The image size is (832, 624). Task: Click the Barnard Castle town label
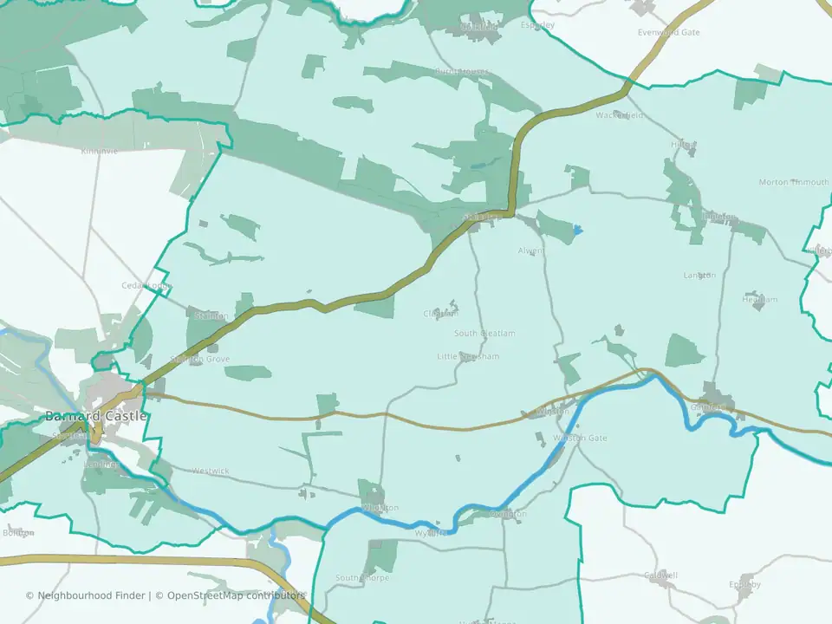[x=96, y=417]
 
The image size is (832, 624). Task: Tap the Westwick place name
[x=211, y=471]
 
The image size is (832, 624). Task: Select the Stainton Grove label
[x=200, y=359]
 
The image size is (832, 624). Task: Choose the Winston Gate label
[x=580, y=439]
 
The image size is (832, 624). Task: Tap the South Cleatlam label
[x=484, y=334]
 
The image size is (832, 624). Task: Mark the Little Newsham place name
[x=468, y=356]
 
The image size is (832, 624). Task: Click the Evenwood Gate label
[x=668, y=32]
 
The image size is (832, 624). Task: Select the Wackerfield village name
[x=620, y=115]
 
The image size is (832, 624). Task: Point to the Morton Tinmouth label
[x=794, y=182]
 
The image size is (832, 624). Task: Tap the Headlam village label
[x=759, y=300]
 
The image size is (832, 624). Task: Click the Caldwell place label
[x=661, y=575]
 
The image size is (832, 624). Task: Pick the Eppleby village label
[x=744, y=584]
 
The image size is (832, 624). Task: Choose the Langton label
[x=699, y=276]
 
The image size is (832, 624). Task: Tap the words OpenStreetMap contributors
[x=236, y=595]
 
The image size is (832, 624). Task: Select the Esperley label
[x=538, y=25]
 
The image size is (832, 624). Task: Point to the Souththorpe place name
[x=362, y=578]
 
